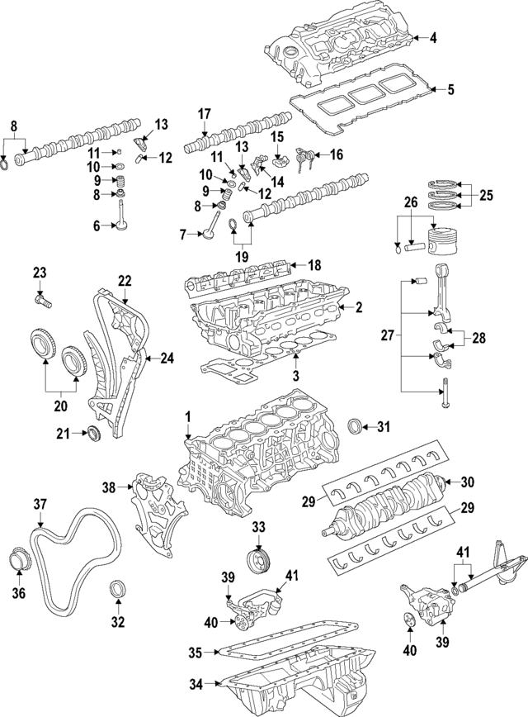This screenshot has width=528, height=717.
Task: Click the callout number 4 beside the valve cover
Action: click(x=432, y=37)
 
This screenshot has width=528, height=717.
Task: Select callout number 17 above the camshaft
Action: click(x=204, y=115)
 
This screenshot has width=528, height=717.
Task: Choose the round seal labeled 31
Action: click(x=355, y=427)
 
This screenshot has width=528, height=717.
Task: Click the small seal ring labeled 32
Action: click(x=119, y=590)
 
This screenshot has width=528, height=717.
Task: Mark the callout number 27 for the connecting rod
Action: click(x=387, y=336)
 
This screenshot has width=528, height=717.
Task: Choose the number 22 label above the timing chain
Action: click(x=125, y=281)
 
